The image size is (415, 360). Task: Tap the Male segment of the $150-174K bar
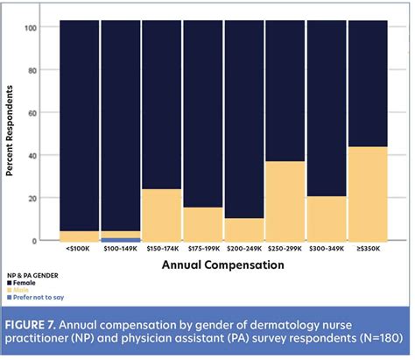coord(162,215)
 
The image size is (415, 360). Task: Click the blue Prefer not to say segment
coord(120,239)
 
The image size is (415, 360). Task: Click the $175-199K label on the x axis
coord(203,250)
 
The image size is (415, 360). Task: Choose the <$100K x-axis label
coord(79,250)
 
